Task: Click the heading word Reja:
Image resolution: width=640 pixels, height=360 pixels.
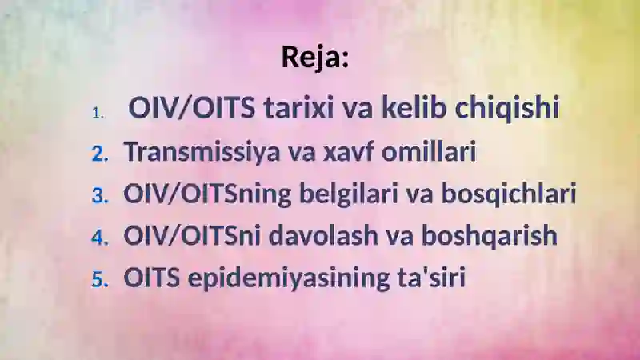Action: pyautogui.click(x=315, y=57)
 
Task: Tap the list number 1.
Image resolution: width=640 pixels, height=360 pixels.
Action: pyautogui.click(x=98, y=113)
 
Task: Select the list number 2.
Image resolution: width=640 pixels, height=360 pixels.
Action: pyautogui.click(x=100, y=154)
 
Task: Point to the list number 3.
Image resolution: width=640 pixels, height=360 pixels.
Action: pyautogui.click(x=100, y=195)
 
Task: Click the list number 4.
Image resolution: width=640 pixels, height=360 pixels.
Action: pyautogui.click(x=100, y=237)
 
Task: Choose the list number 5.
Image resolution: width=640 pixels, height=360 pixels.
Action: pyautogui.click(x=100, y=279)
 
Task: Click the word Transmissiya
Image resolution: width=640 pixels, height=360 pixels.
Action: pyautogui.click(x=203, y=152)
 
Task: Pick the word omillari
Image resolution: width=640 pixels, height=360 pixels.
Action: pyautogui.click(x=429, y=151)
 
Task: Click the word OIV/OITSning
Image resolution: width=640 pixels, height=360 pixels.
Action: pyautogui.click(x=207, y=194)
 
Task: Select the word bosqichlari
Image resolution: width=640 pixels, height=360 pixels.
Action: pyautogui.click(x=509, y=194)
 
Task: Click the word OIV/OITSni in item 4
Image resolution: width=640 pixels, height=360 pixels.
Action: pyautogui.click(x=192, y=235)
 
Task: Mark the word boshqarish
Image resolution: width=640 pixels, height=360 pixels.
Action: pyautogui.click(x=490, y=236)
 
